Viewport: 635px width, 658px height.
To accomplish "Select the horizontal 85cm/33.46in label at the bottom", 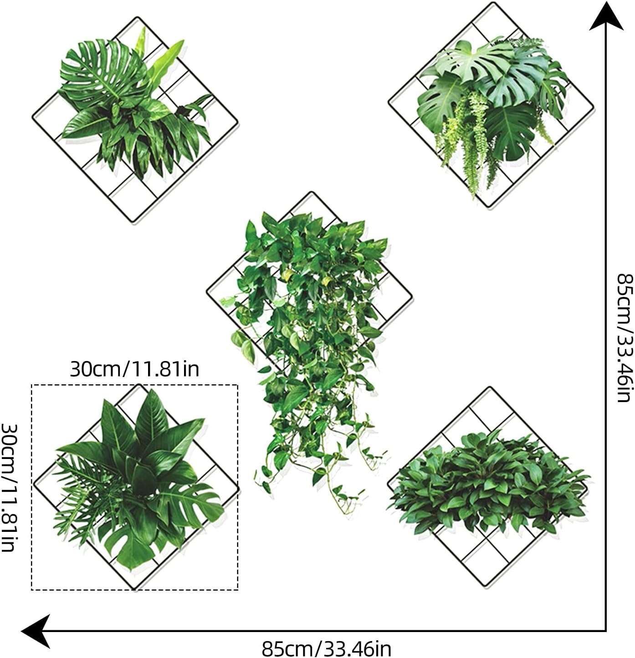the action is [x=326, y=649].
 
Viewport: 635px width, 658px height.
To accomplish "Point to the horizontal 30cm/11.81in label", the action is [x=135, y=369].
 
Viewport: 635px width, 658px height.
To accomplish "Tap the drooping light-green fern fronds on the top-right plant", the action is [x=477, y=138].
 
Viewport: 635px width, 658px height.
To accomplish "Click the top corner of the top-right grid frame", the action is [x=492, y=3].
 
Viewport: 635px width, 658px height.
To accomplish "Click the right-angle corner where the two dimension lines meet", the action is [x=606, y=631].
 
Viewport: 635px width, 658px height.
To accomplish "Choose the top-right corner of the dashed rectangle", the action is [x=238, y=385].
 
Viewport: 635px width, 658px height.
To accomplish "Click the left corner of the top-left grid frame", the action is [x=33, y=118].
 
